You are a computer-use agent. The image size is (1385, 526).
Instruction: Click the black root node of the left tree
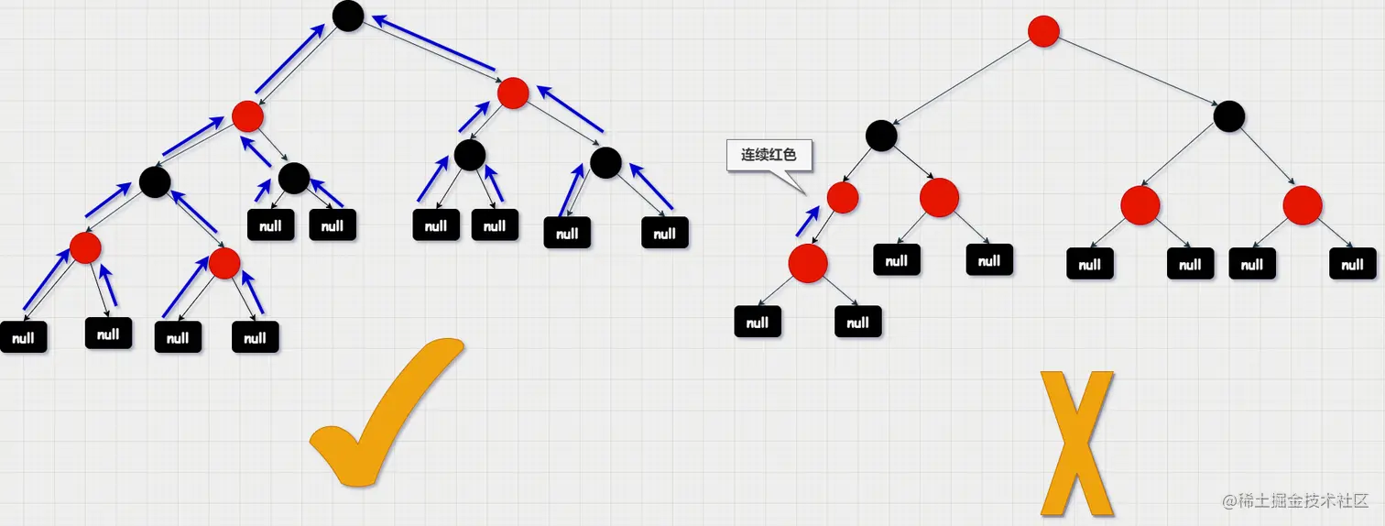point(348,16)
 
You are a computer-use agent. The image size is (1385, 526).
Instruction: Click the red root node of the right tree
point(1043,31)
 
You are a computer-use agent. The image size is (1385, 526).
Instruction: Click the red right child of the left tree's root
point(513,92)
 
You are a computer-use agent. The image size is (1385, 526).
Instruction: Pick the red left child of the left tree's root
point(247,116)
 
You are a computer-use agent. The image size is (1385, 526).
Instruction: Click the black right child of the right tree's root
point(1229,116)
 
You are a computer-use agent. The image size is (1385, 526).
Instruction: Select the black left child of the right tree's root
point(881,136)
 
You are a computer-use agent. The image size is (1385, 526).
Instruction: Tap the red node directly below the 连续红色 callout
point(843,197)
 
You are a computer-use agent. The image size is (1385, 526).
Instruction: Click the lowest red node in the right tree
point(808,263)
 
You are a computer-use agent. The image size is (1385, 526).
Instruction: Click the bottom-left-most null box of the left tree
point(23,337)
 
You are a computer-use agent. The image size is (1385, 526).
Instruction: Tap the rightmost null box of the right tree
point(1352,265)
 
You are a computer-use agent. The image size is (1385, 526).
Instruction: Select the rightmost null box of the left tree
point(666,233)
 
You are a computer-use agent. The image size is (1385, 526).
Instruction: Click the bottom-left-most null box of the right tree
point(758,322)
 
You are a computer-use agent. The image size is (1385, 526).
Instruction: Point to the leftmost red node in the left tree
point(85,247)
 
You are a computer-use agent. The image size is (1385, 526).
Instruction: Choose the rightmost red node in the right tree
point(1302,205)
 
